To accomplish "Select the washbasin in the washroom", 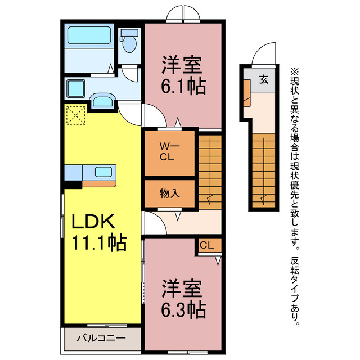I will coord(102,102).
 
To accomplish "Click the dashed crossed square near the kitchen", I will coord(75,116).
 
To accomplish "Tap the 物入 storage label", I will coord(169,193).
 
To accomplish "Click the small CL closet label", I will coord(207,245).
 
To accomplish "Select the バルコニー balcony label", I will coord(101,339).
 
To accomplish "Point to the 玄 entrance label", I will coord(263,79).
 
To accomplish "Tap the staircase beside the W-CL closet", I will coord(209,169).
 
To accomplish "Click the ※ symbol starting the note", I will coord(295,71).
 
